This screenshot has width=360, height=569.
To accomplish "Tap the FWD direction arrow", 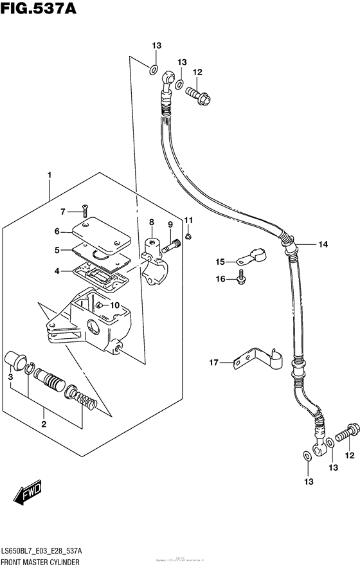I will coord(28,493).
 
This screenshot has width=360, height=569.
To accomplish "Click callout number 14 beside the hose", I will coord(322,244).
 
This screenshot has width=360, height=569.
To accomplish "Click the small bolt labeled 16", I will coord(240,276).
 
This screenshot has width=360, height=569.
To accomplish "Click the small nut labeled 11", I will coord(186,237).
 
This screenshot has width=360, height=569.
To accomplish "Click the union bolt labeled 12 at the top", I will coord(197,94).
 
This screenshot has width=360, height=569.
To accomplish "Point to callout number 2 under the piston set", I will coord(44,424).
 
